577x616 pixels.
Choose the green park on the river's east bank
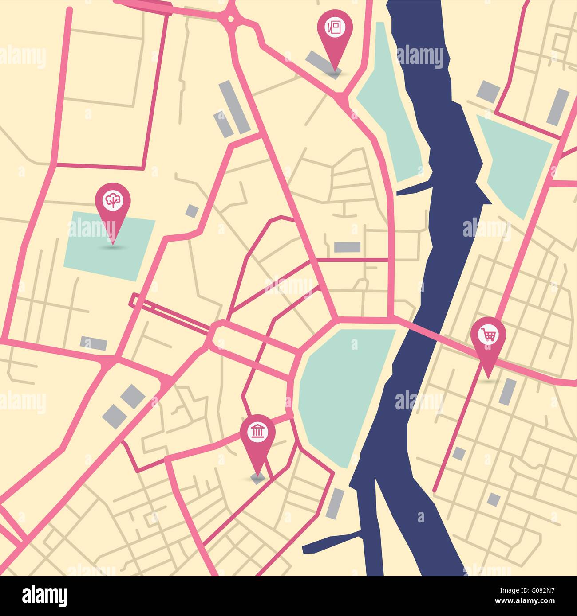[515, 160]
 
